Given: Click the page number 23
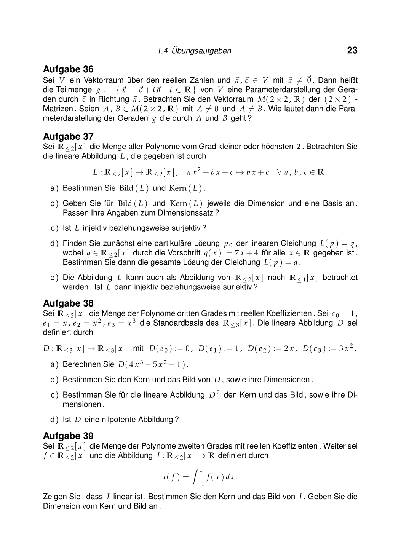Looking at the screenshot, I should (352, 50).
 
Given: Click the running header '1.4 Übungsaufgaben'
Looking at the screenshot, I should (194, 51).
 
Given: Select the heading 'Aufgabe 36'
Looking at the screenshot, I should (68, 69).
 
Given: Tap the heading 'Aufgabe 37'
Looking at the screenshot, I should (68, 136).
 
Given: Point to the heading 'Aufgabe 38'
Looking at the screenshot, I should (68, 303).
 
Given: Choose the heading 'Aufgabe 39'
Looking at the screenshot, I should (68, 436).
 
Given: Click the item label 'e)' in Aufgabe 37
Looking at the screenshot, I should (54, 278).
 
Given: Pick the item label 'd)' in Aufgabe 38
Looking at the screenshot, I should (54, 420).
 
